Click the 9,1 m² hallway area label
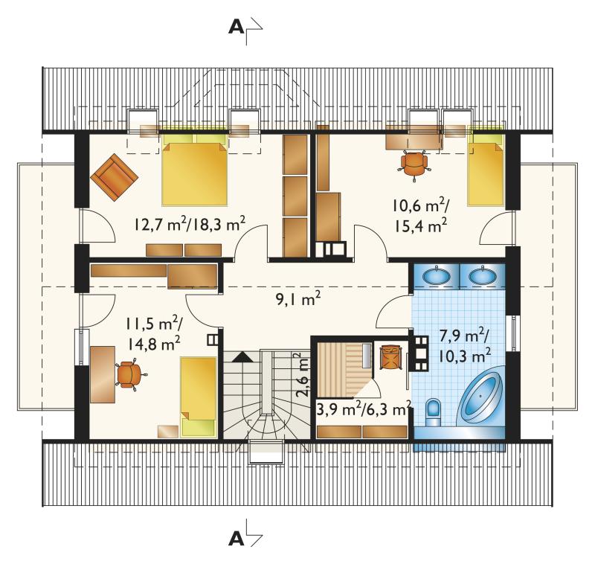point(298,298)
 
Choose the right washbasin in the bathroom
point(482,275)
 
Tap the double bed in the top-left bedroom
point(195,170)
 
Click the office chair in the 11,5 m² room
point(129,374)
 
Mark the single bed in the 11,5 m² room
point(198,396)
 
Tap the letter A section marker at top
point(237,28)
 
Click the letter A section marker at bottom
point(237,539)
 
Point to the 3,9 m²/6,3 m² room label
point(364,409)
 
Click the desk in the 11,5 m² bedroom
point(103,374)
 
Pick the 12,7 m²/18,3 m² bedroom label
point(189,224)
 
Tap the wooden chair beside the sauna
point(391,356)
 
